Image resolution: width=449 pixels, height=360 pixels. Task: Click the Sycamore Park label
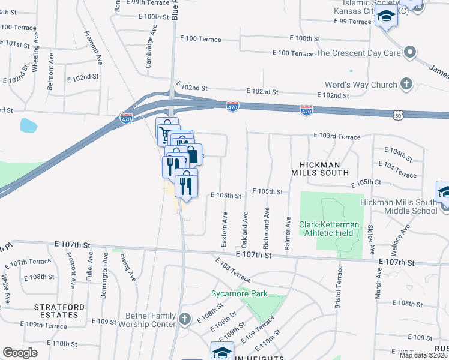click(x=239, y=294)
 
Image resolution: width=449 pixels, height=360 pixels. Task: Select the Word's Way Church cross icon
click(x=406, y=84)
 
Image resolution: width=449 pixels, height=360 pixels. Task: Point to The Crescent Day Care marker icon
click(x=411, y=53)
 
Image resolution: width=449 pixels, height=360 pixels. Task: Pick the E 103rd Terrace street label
click(x=337, y=137)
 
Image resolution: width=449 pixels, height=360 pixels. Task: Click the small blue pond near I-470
click(x=28, y=125)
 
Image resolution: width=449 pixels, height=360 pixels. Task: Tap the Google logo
click(x=20, y=353)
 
